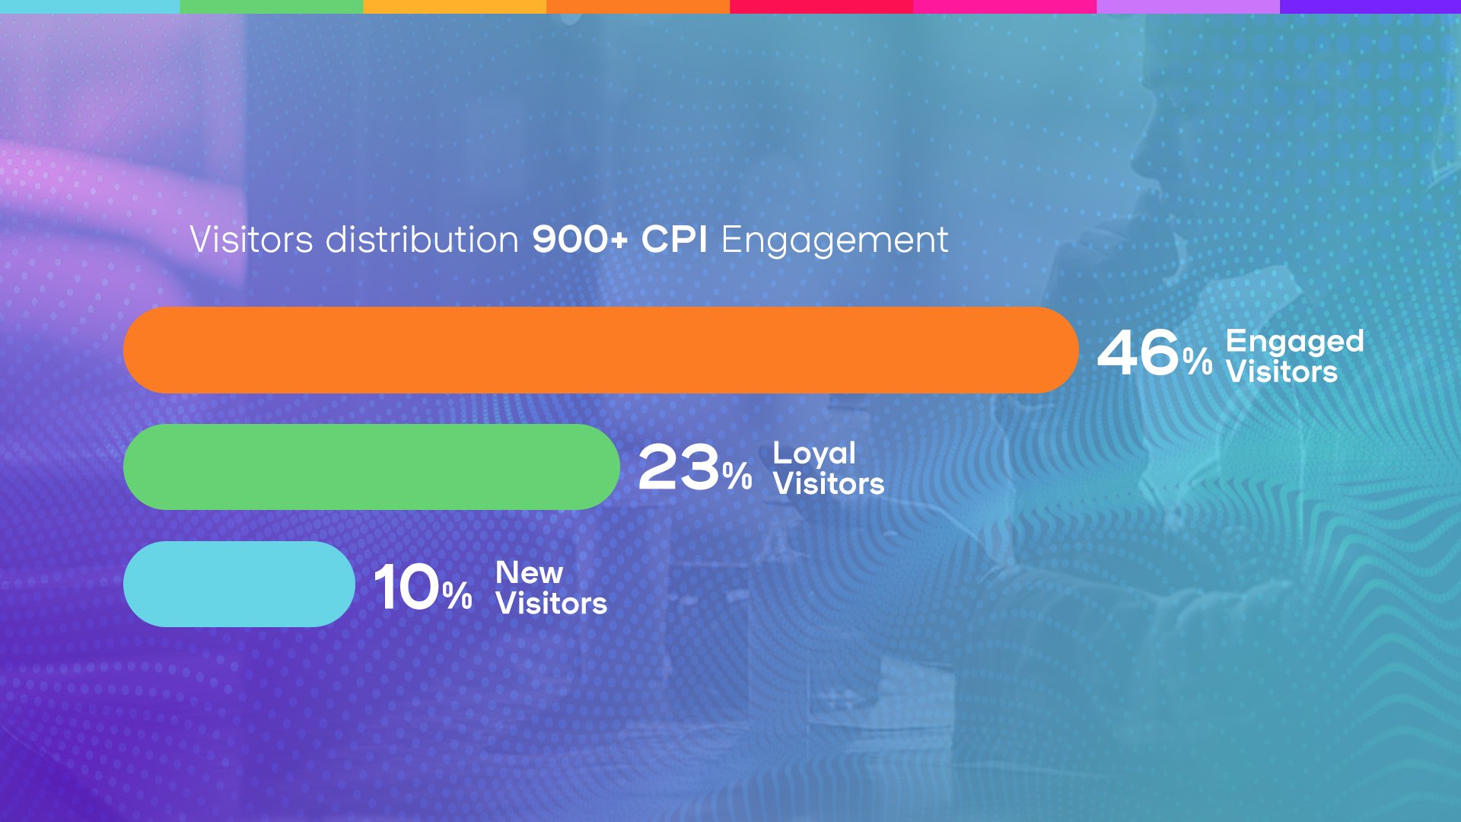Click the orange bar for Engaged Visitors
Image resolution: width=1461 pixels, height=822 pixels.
(601, 350)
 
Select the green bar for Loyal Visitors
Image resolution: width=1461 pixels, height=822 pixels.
(371, 467)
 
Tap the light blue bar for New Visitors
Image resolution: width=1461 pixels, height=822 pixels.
(239, 584)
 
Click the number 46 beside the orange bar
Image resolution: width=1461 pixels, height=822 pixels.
(1138, 352)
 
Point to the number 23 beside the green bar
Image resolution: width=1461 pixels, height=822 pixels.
(679, 467)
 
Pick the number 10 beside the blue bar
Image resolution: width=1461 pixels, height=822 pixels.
(406, 587)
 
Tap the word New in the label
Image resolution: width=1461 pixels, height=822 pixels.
(529, 572)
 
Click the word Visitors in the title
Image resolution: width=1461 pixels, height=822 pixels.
(251, 239)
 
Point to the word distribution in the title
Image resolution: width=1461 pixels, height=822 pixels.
(422, 239)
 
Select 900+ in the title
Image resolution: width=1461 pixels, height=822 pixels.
(580, 239)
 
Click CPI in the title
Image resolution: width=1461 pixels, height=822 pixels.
(674, 239)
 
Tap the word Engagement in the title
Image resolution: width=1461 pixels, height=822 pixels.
(834, 241)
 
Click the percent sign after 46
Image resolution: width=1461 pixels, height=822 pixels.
(1198, 360)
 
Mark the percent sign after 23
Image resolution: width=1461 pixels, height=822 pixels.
(737, 476)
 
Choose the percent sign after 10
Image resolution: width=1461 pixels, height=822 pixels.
(457, 595)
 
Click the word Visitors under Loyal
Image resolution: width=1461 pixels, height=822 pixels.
(829, 484)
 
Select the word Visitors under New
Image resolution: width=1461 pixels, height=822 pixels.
(552, 604)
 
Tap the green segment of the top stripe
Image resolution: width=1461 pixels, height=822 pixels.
(272, 6)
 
